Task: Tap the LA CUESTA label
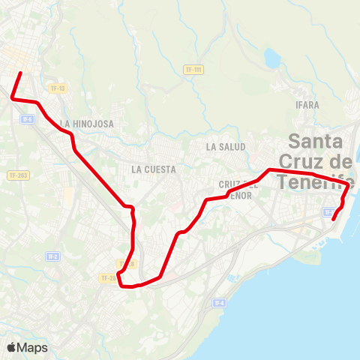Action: (153, 169)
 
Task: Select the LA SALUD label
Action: (226, 147)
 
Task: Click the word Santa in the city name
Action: (316, 141)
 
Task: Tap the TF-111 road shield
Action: (193, 70)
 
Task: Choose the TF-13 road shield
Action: (58, 88)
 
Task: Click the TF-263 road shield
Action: (18, 175)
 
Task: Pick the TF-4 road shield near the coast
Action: (219, 303)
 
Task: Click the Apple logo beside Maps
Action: (11, 347)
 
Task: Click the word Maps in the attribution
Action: (33, 347)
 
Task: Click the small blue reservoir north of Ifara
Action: (271, 57)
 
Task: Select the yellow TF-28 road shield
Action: (108, 278)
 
